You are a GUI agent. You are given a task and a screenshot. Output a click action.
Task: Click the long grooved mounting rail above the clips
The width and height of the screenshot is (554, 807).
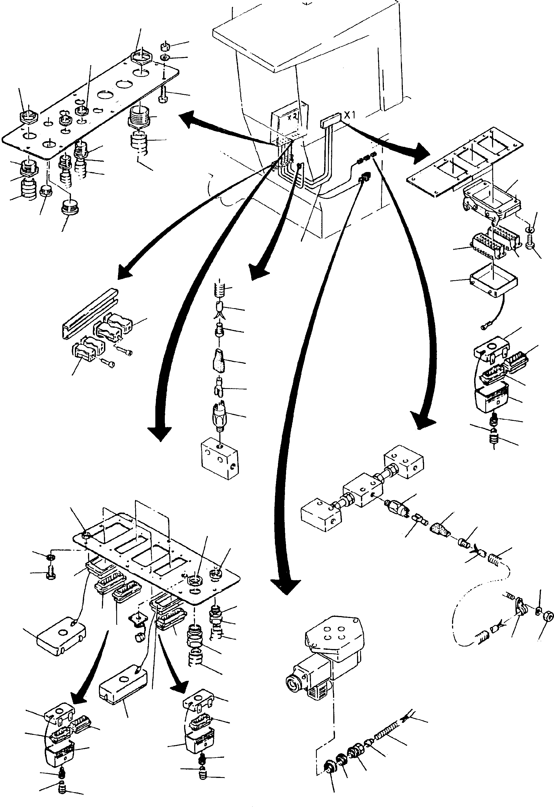[89, 313]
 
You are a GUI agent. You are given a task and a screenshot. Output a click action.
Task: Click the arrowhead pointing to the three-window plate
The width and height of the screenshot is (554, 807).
[421, 153]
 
